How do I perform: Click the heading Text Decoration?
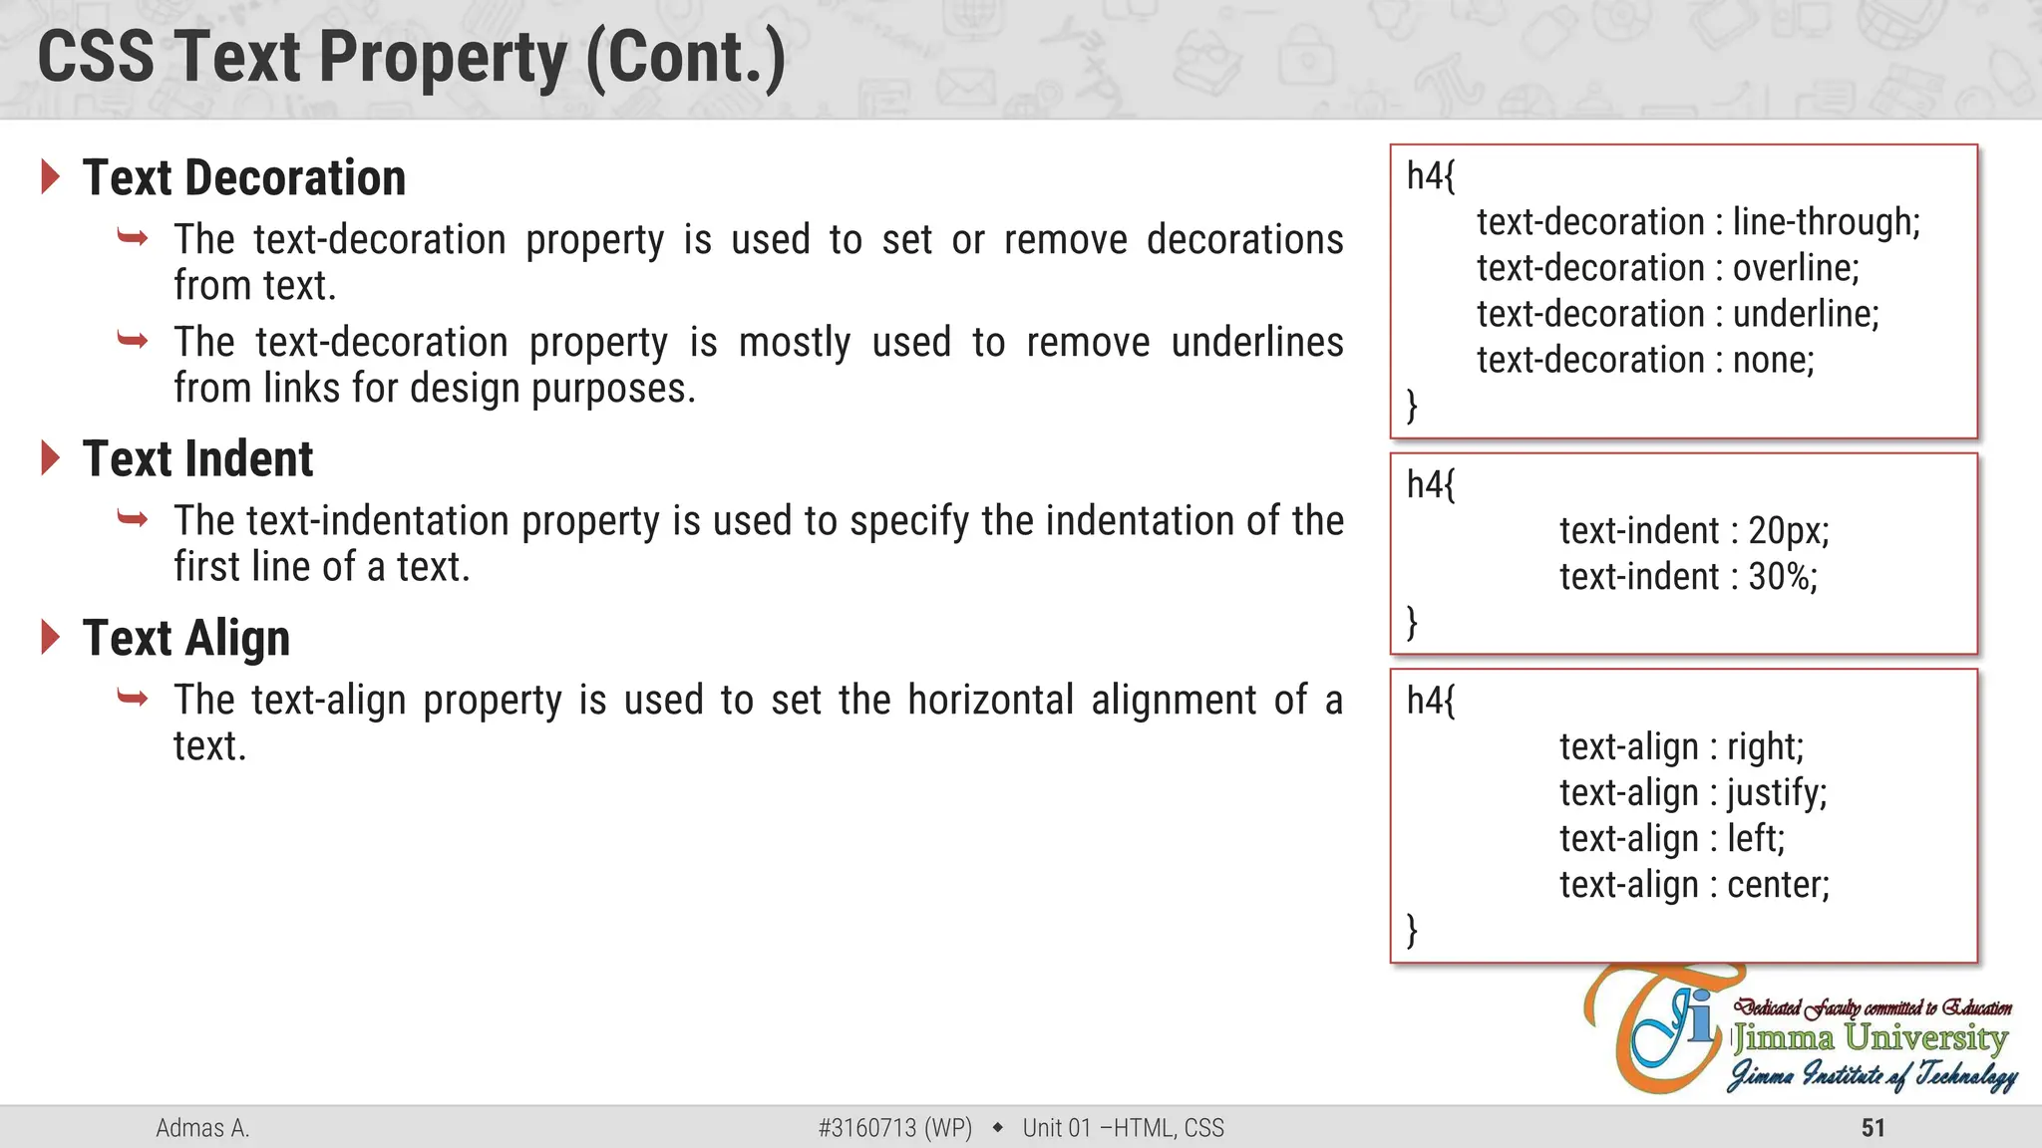pyautogui.click(x=244, y=178)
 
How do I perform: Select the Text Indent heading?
pyautogui.click(x=197, y=459)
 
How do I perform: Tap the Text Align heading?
pyautogui.click(x=186, y=639)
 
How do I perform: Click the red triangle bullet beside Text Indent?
pyautogui.click(x=51, y=458)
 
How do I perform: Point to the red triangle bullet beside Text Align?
pyautogui.click(x=51, y=638)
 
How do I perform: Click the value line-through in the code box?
pyautogui.click(x=1826, y=222)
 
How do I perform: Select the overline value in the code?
pyautogui.click(x=1796, y=268)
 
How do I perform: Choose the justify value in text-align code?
pyautogui.click(x=1777, y=793)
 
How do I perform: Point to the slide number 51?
pyautogui.click(x=1873, y=1128)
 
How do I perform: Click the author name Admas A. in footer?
pyautogui.click(x=202, y=1128)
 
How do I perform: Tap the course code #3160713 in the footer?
pyautogui.click(x=866, y=1128)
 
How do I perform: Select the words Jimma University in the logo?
pyautogui.click(x=1870, y=1038)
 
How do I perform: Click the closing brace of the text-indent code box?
pyautogui.click(x=1412, y=622)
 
